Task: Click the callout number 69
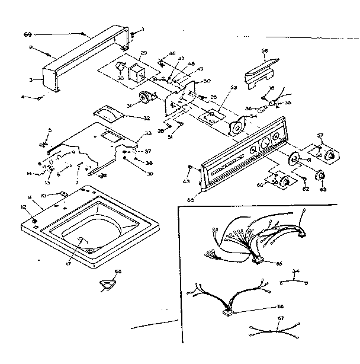pyautogui.click(x=28, y=35)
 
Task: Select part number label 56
pyautogui.click(x=265, y=52)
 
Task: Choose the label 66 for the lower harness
pyautogui.click(x=279, y=306)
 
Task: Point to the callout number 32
pyautogui.click(x=146, y=118)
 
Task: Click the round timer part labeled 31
pyautogui.click(x=144, y=98)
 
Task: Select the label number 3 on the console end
pyautogui.click(x=31, y=79)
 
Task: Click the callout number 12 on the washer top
pyautogui.click(x=24, y=206)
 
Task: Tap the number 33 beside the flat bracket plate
pyautogui.click(x=147, y=134)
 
